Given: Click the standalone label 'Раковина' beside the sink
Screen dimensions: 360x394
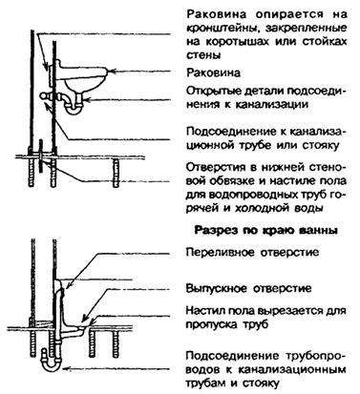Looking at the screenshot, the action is point(213,73).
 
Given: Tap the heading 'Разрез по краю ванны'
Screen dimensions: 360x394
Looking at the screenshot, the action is point(265,230).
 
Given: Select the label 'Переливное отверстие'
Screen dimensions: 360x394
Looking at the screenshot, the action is point(252,252).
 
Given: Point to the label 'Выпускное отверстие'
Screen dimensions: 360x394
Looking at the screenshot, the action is point(248,288).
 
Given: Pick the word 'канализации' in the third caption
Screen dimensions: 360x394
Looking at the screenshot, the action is point(272,104).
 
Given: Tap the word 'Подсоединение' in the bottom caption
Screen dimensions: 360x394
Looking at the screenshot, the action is point(228,356).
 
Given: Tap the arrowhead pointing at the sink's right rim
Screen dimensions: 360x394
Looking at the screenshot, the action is point(110,72).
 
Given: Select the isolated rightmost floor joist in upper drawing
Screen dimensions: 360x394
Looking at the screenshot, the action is point(116,174).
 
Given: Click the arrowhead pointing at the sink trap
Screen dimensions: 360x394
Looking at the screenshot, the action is point(90,100).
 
